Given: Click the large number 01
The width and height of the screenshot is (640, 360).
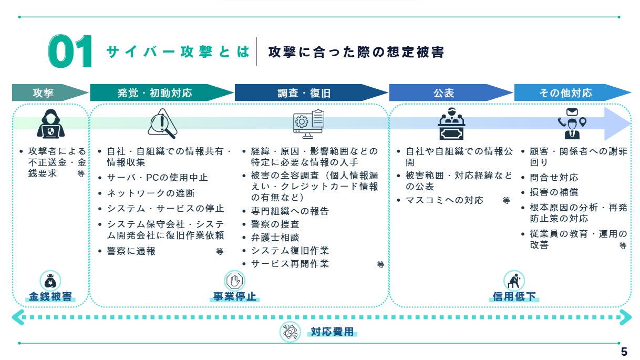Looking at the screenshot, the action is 70,52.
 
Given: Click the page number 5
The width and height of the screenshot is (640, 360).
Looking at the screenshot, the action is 624,352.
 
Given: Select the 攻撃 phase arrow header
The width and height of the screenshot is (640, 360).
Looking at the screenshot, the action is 50,92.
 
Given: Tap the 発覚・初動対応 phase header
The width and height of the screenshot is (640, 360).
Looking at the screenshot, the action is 162,92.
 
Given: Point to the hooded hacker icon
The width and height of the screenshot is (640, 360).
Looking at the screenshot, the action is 50,124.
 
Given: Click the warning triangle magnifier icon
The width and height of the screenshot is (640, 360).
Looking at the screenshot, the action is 162,124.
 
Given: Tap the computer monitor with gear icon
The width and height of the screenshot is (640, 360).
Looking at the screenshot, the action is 308,124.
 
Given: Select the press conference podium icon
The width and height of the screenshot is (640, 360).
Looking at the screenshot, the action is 451,124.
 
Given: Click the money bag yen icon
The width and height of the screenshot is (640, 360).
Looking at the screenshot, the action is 50,281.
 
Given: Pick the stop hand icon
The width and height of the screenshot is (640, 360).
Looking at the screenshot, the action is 234,281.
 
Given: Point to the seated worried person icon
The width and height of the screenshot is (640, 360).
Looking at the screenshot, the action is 514,281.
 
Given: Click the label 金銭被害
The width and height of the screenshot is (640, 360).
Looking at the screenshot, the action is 50,296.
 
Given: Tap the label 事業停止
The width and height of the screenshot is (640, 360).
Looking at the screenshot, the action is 234,296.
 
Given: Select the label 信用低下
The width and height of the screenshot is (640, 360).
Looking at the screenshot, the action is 514,296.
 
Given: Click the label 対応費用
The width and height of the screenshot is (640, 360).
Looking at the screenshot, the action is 332,332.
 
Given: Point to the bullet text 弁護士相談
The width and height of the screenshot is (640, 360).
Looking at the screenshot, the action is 275,238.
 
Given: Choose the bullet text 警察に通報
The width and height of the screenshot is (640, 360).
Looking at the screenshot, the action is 131,251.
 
